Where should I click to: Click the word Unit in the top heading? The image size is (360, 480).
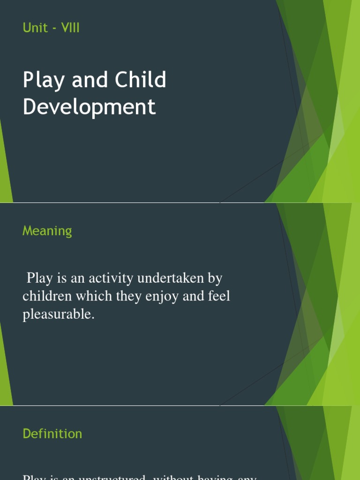[35, 28]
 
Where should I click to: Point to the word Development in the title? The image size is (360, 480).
[89, 107]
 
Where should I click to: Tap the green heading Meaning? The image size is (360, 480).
[47, 231]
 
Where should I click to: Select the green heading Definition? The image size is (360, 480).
[52, 434]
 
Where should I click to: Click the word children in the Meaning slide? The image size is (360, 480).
[45, 296]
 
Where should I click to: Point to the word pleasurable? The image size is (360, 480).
[59, 315]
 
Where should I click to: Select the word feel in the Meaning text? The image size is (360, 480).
[218, 296]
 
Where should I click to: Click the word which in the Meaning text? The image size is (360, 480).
[85, 296]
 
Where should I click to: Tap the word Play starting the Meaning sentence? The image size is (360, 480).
[38, 278]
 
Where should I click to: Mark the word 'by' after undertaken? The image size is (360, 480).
[215, 278]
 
